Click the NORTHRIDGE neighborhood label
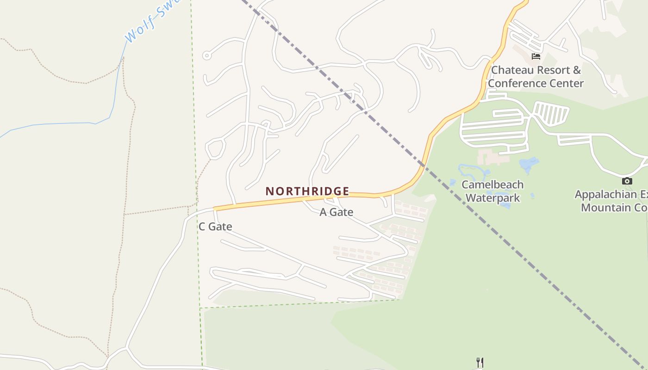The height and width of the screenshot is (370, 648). pyautogui.click(x=307, y=191)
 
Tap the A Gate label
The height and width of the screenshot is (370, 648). pyautogui.click(x=336, y=212)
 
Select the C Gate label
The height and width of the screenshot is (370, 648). pyautogui.click(x=215, y=227)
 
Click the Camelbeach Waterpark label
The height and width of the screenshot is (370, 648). pyautogui.click(x=492, y=191)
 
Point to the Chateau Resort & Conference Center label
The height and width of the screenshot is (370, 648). pyautogui.click(x=536, y=77)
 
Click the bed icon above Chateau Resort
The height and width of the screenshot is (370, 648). pyautogui.click(x=536, y=56)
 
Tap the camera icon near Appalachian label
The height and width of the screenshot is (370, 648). pyautogui.click(x=627, y=181)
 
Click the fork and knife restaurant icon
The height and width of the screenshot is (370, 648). pyautogui.click(x=480, y=362)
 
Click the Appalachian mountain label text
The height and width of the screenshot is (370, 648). pyautogui.click(x=611, y=201)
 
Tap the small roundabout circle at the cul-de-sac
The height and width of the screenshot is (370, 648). pyautogui.click(x=207, y=56)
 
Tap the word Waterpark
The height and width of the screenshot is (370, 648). pyautogui.click(x=492, y=198)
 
